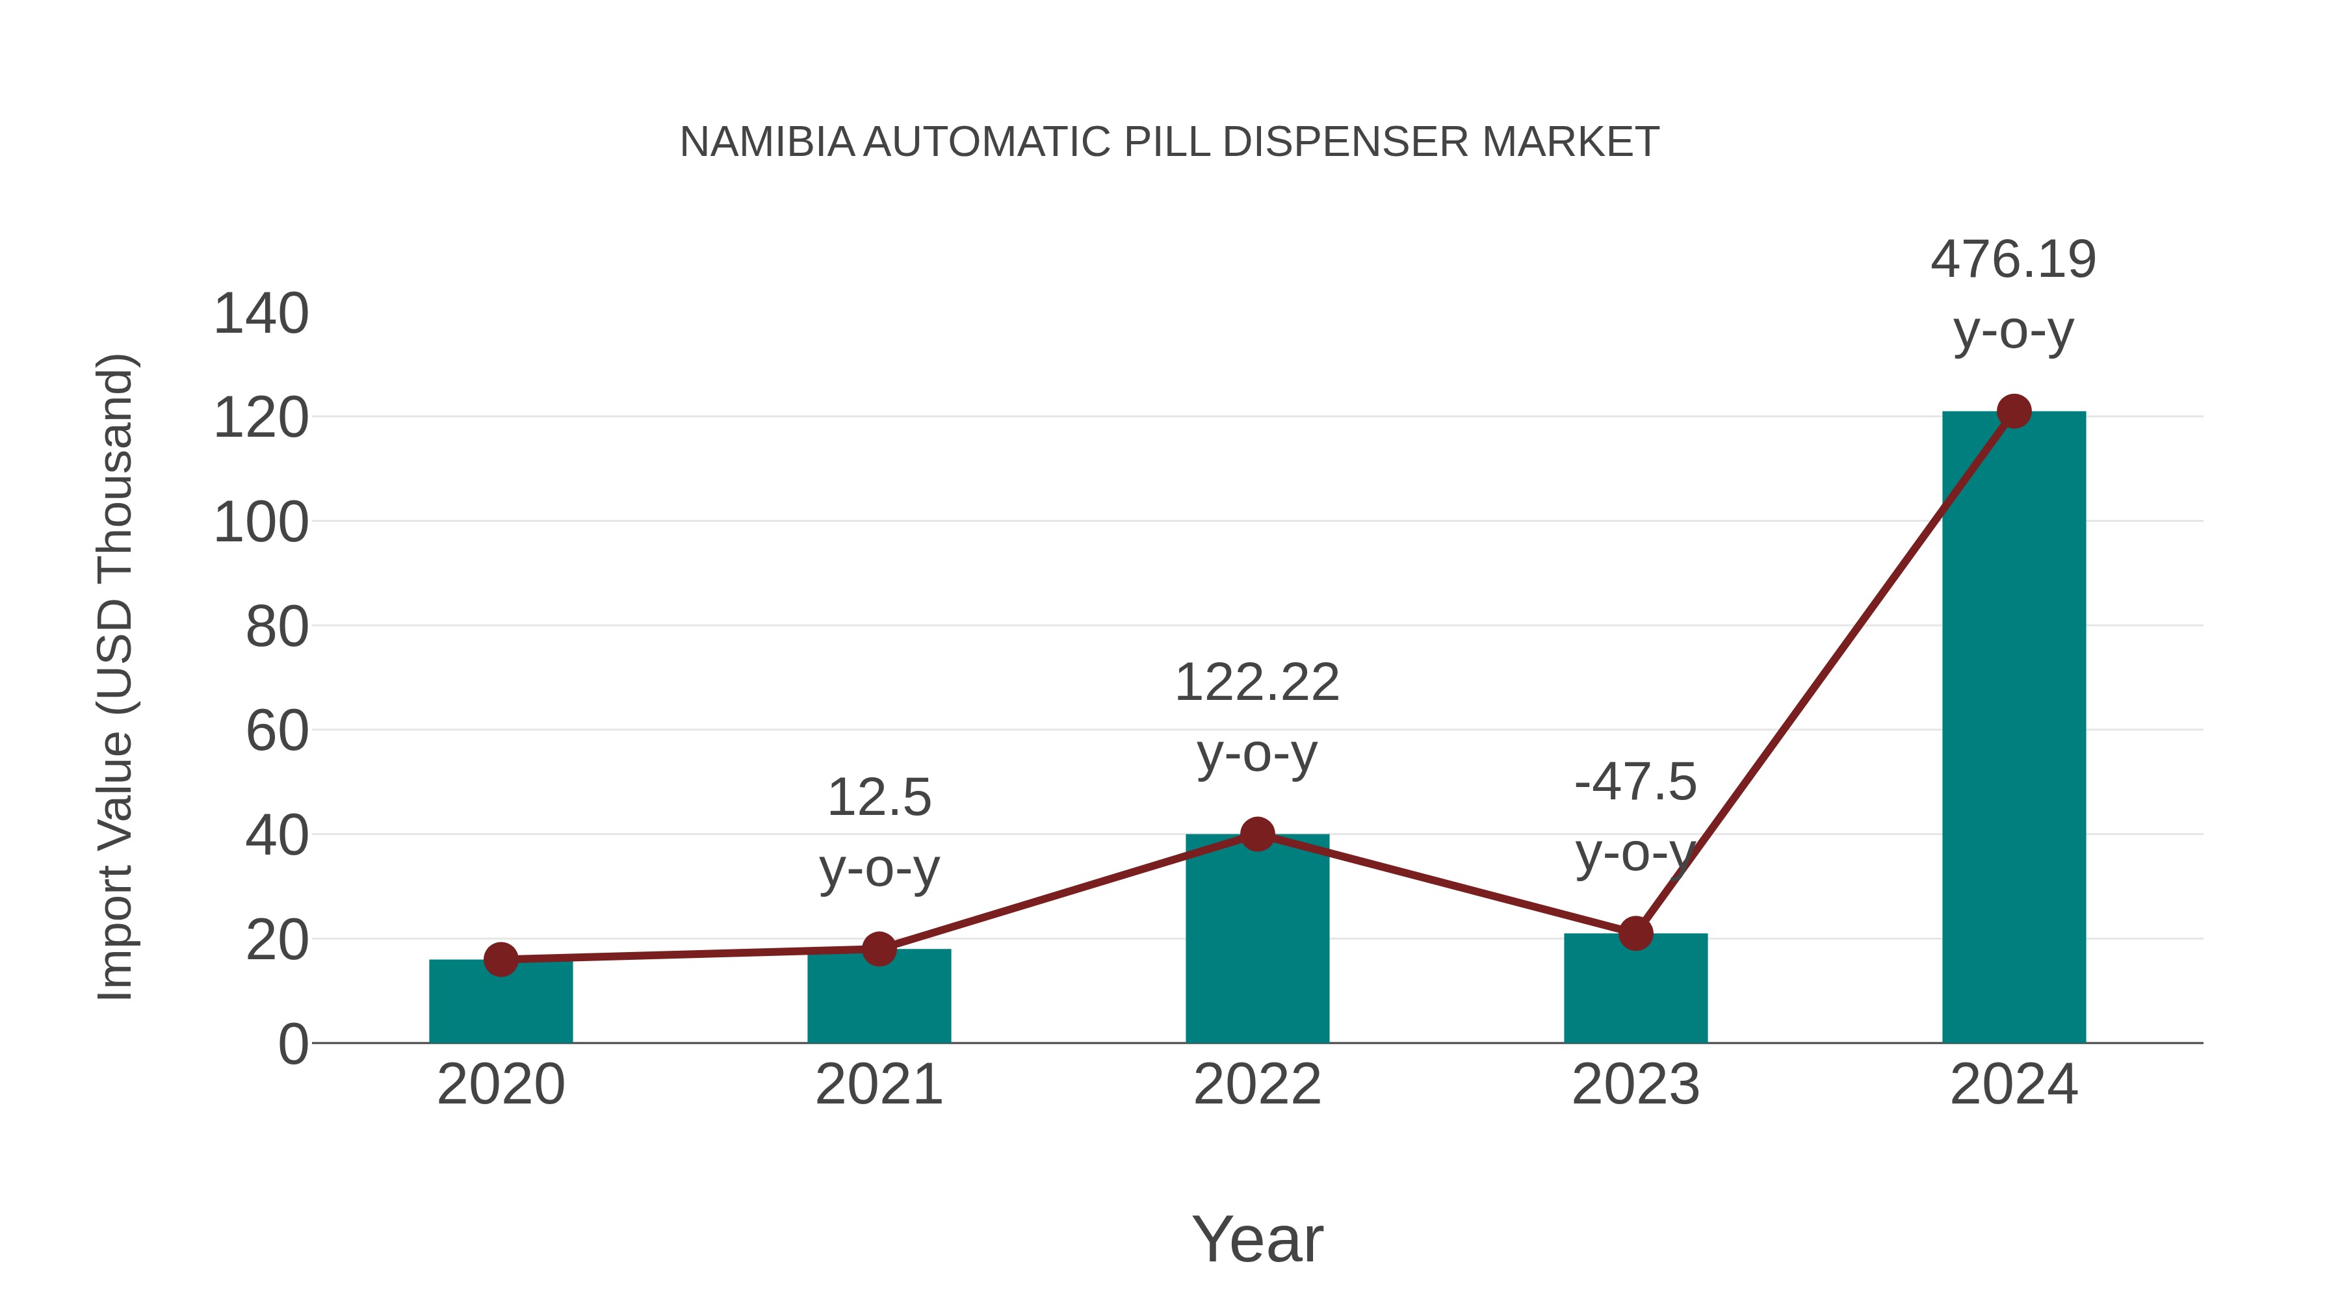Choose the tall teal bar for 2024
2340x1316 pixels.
[2014, 727]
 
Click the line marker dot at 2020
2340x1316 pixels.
[500, 959]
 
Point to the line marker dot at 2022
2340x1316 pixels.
[1257, 834]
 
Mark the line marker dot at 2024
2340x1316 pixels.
[2014, 411]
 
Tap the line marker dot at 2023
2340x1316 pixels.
[1635, 933]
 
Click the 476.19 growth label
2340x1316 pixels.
[2013, 260]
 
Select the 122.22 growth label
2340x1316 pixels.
[1256, 683]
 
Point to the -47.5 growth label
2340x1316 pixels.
[1635, 783]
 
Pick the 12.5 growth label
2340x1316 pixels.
[878, 798]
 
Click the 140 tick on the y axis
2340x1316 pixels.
[261, 315]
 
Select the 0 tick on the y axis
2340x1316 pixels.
[292, 1044]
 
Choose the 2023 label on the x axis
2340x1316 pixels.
[1635, 1085]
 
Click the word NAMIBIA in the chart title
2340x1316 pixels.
[767, 142]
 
